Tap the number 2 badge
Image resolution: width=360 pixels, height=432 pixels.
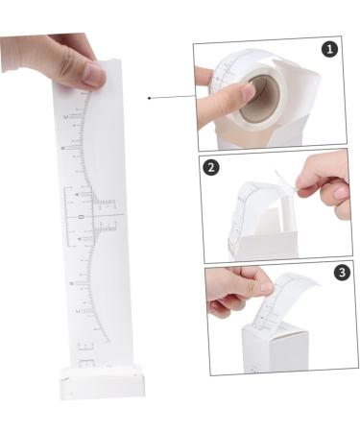tap(213, 167)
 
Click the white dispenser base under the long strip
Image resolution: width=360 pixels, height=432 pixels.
tap(102, 381)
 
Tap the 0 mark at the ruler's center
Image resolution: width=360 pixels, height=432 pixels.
tap(80, 218)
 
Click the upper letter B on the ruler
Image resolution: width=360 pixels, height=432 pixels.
tap(62, 149)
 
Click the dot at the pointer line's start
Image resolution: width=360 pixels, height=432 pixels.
tap(149, 98)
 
